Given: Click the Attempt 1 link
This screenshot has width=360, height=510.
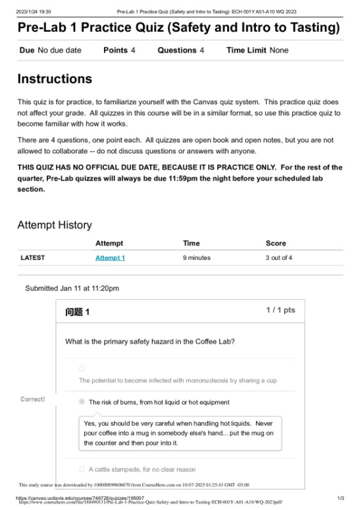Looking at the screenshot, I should (x=110, y=258).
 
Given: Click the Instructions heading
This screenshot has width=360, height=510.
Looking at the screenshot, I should (x=54, y=79).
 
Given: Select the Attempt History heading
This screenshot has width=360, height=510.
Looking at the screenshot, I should (x=54, y=225).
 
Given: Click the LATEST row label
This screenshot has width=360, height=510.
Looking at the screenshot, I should (x=33, y=258).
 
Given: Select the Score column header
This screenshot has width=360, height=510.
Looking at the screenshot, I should (x=276, y=243).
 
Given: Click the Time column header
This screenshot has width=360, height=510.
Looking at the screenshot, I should (x=191, y=243).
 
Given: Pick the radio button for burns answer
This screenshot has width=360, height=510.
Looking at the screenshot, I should (x=82, y=402).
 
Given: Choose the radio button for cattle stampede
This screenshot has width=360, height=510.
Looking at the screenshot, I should (x=82, y=469).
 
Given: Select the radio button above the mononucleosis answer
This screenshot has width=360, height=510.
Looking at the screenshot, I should (x=82, y=368).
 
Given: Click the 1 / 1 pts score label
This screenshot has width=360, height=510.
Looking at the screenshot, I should (x=280, y=310).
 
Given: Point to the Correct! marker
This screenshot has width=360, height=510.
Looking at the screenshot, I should (x=33, y=399).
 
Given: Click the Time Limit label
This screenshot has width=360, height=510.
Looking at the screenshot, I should (x=246, y=50).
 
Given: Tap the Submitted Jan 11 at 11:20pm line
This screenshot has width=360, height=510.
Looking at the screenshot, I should (x=72, y=288).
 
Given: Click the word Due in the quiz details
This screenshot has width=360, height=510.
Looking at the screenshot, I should (x=27, y=50).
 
